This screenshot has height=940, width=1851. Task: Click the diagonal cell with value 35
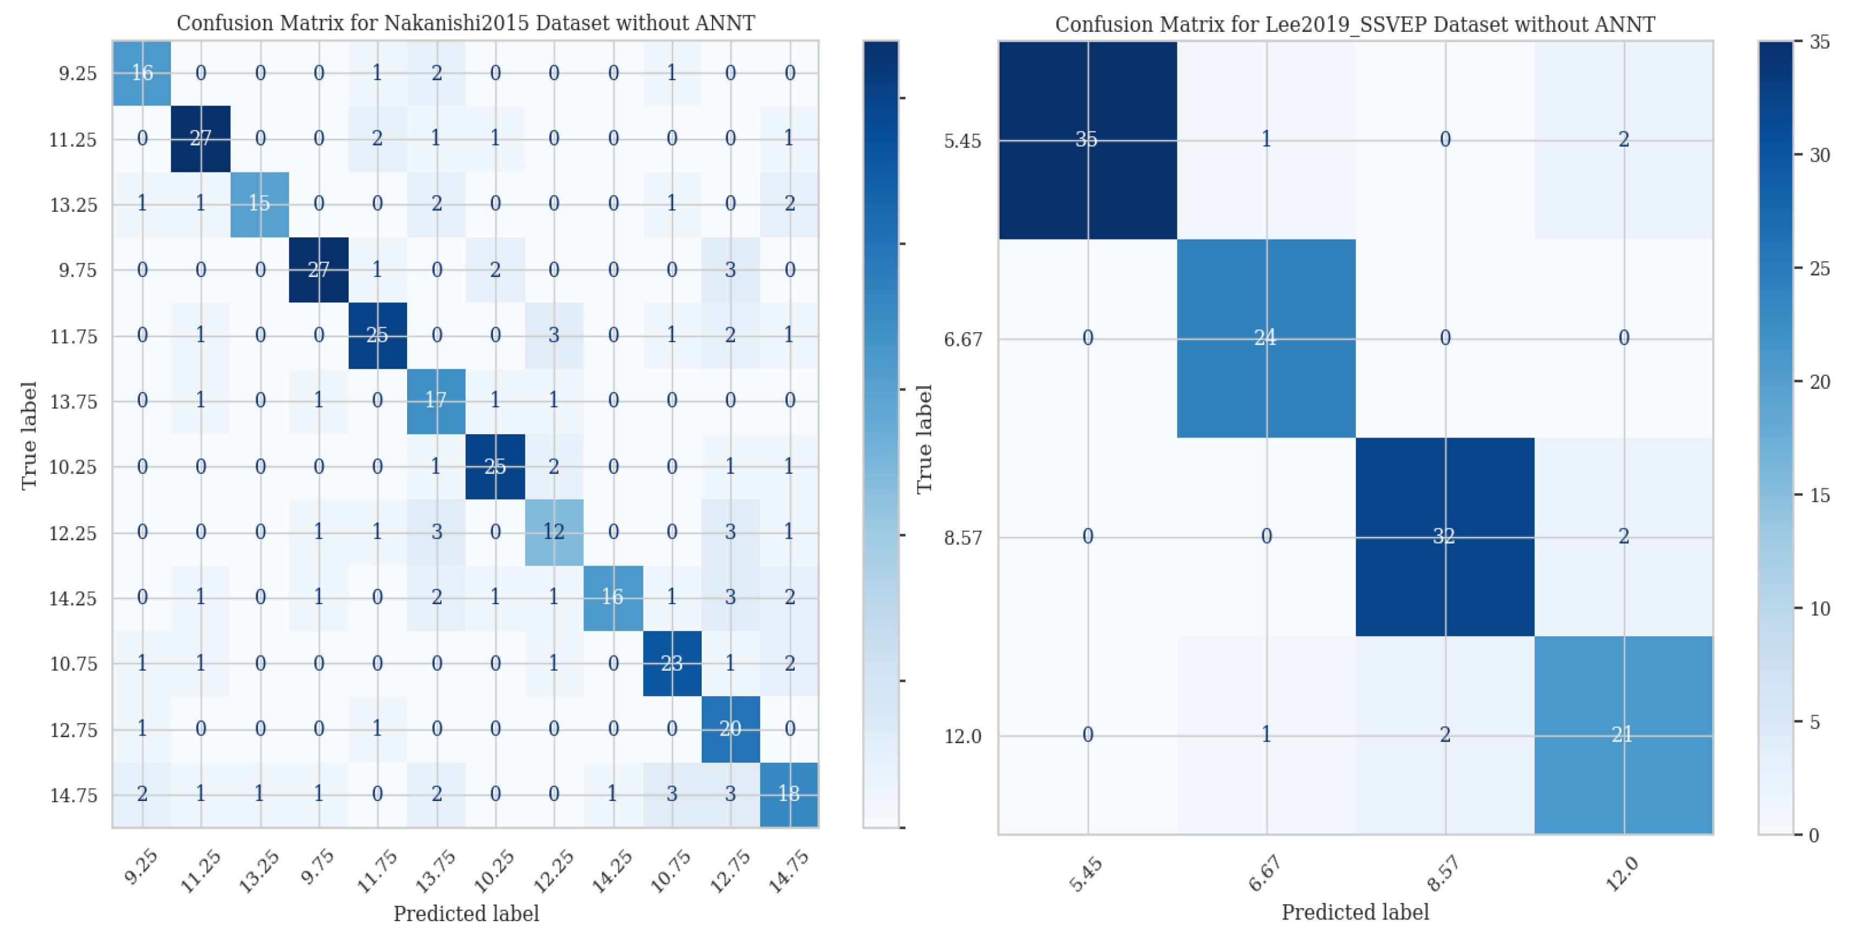coord(1087,140)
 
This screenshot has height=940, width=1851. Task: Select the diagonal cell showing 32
coord(1444,536)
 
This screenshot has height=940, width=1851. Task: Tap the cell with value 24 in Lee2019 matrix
coord(1266,338)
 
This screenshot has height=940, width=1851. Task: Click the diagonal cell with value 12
coord(553,532)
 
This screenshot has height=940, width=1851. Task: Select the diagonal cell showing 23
coord(671,663)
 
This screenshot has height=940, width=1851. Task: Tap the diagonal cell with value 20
coord(730,729)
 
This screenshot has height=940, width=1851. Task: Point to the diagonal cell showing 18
coord(789,794)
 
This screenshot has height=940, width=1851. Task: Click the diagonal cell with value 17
coord(435,400)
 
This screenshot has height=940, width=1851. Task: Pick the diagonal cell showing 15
coord(259,204)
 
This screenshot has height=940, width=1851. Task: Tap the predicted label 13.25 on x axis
coord(259,871)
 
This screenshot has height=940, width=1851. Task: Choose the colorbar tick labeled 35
coord(1820,42)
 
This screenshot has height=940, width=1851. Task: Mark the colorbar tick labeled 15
coord(1820,495)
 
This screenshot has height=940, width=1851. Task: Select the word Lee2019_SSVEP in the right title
coord(1241,24)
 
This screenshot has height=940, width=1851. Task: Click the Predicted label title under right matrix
coord(1355,912)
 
